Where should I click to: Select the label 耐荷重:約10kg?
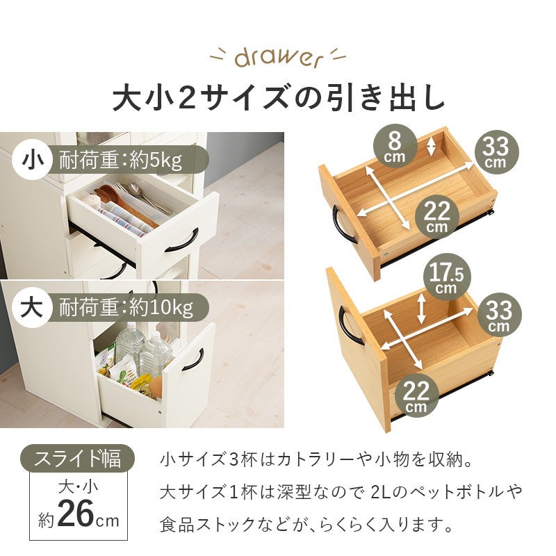pyautogui.click(x=124, y=306)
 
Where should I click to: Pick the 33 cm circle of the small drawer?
pyautogui.click(x=496, y=152)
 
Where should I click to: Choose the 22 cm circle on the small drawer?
pyautogui.click(x=437, y=217)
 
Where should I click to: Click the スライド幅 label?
pyautogui.click(x=77, y=459)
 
